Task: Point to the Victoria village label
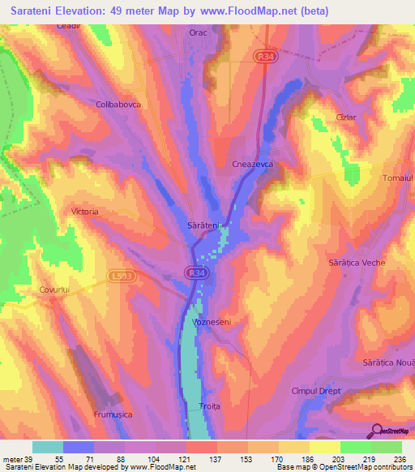tap(85, 212)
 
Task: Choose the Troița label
tap(209, 406)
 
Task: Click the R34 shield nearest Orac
tap(263, 56)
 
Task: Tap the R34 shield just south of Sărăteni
tap(195, 273)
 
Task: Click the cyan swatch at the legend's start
tap(48, 447)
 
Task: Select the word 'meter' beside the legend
tap(12, 459)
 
